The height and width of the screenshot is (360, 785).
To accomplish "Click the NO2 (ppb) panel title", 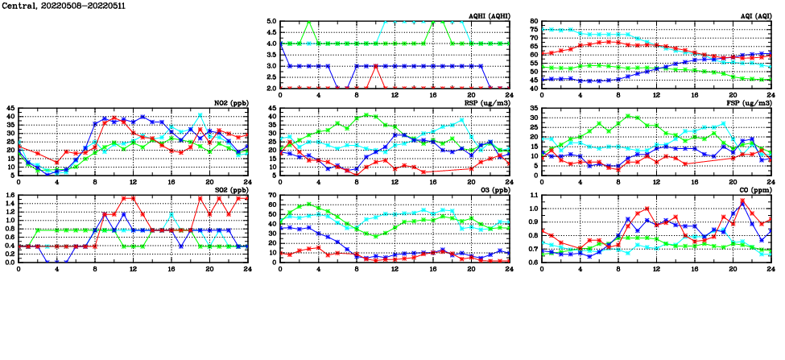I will coord(231,102).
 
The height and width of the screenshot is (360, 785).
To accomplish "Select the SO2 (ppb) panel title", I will coord(231,189).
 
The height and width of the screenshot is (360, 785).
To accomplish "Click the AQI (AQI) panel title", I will coord(754,15).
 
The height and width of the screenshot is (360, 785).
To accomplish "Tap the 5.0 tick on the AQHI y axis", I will coord(271,22).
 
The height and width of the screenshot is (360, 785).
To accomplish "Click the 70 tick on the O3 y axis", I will coord(273,195).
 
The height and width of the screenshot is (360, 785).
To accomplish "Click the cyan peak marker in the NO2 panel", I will coord(200,114).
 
